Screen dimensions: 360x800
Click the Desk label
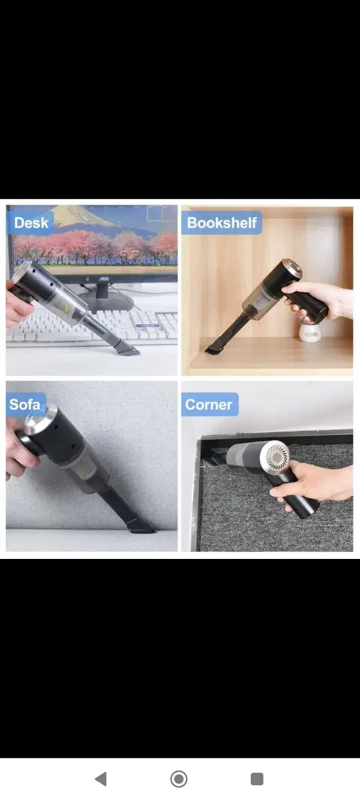31,223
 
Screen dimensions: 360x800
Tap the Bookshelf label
222,223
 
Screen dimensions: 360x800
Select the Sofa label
25,404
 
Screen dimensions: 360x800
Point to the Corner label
209,405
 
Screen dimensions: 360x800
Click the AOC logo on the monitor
104,278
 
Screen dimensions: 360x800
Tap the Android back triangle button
101,779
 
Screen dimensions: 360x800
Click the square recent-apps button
257,779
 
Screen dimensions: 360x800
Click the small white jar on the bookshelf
309,333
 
